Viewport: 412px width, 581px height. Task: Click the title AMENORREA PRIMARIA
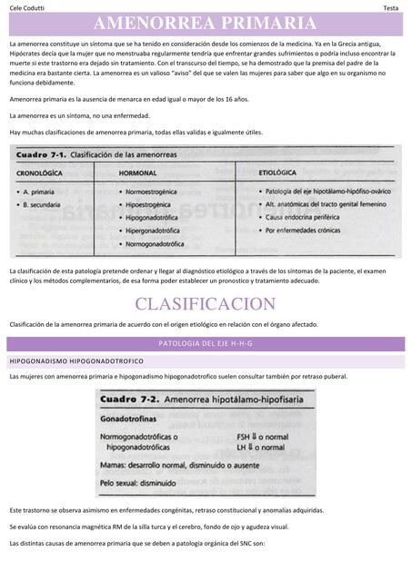coord(205,24)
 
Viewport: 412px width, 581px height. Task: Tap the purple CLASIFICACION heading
coord(205,303)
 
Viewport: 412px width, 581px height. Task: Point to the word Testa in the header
coord(390,7)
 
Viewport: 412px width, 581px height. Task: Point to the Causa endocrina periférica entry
coord(309,218)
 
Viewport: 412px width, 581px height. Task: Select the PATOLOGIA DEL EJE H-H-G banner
coord(205,344)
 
